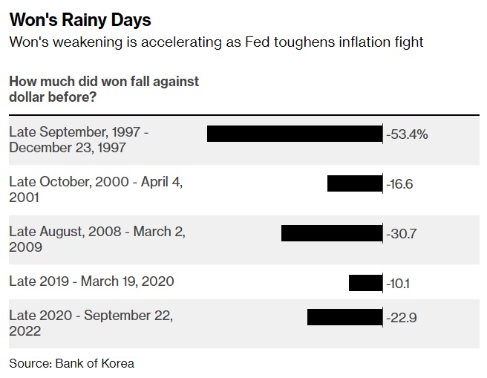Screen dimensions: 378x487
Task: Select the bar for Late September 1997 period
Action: (294, 134)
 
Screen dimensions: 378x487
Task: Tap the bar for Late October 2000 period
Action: (354, 183)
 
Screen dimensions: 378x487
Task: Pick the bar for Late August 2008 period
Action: (331, 233)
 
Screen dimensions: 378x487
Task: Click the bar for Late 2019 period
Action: (365, 282)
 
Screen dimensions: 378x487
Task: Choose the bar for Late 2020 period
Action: (344, 317)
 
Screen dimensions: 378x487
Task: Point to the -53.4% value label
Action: (408, 134)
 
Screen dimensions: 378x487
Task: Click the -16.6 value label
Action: (400, 184)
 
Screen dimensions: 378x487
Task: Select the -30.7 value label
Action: (402, 233)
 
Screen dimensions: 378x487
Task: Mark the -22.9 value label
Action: (402, 318)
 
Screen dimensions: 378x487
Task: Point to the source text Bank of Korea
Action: (94, 363)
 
